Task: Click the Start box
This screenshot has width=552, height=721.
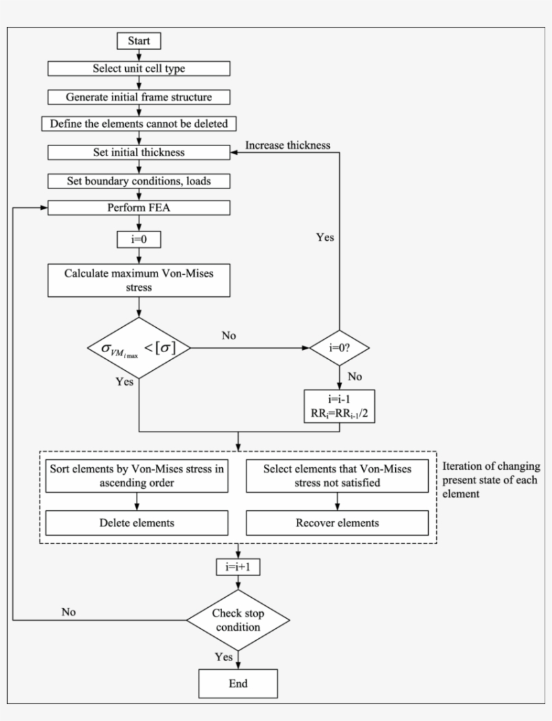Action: [139, 41]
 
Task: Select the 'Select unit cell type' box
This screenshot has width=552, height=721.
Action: [139, 69]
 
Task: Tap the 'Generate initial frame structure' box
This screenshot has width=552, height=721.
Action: [139, 97]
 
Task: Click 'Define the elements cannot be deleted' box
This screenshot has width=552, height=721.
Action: [139, 125]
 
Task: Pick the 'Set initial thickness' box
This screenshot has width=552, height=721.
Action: [139, 153]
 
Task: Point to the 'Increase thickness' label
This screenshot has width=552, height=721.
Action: [287, 145]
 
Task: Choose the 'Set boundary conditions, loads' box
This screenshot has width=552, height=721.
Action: [139, 181]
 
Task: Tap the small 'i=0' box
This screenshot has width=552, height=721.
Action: [139, 238]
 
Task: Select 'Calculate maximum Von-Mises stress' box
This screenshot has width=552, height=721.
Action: [139, 280]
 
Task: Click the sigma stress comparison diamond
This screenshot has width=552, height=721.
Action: [139, 348]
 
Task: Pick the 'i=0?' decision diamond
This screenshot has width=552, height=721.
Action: [339, 348]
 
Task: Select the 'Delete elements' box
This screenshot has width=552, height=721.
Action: [137, 522]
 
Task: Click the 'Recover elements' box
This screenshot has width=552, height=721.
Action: [337, 522]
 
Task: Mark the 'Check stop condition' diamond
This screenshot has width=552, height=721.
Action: [239, 619]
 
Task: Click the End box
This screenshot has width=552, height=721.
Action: [239, 683]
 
